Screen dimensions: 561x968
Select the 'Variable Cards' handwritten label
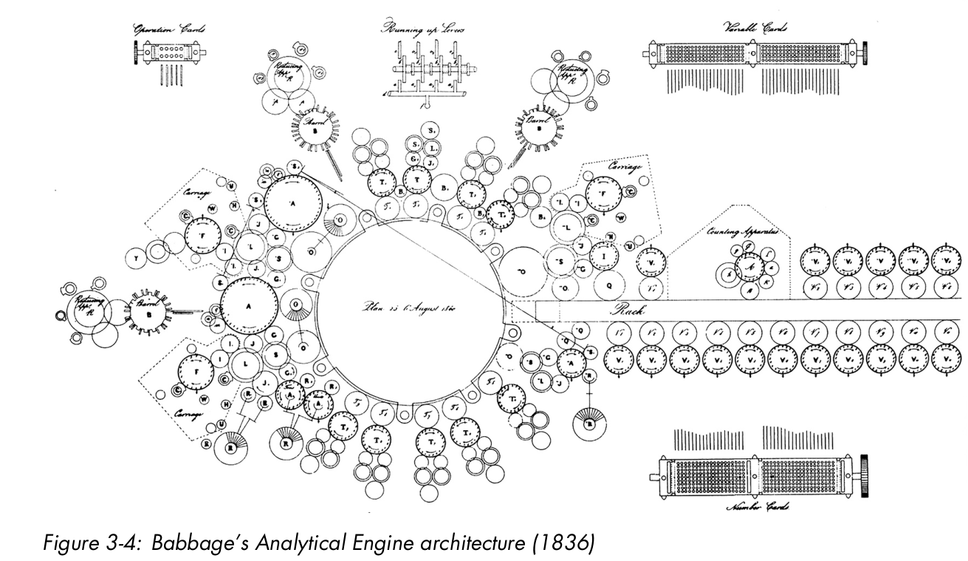pos(755,28)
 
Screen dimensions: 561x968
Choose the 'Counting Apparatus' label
pos(741,232)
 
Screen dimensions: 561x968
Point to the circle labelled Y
pos(137,258)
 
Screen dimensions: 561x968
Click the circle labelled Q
pos(609,285)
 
